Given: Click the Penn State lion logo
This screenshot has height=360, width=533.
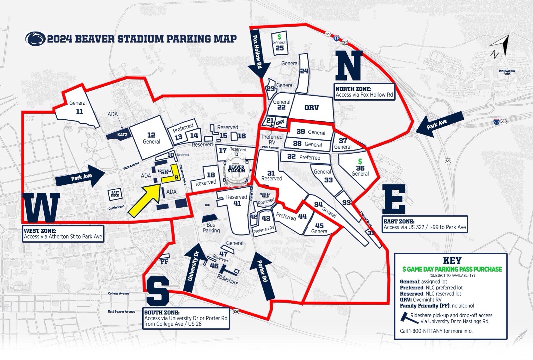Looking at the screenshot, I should click(35, 39).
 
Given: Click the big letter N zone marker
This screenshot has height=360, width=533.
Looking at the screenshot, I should click(349, 65).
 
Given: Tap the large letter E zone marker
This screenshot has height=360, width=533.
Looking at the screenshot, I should click(394, 199).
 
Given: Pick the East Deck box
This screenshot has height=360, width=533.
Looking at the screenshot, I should click(115, 195).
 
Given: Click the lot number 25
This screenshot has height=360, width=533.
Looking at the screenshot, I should click(279, 48).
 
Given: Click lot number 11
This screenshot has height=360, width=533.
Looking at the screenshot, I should click(79, 111).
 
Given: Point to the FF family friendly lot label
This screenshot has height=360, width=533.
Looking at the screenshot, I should click(164, 262).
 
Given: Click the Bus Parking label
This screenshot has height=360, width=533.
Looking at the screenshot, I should click(211, 228).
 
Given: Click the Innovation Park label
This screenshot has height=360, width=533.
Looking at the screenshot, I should click(507, 72).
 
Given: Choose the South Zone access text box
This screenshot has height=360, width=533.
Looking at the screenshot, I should click(186, 318).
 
